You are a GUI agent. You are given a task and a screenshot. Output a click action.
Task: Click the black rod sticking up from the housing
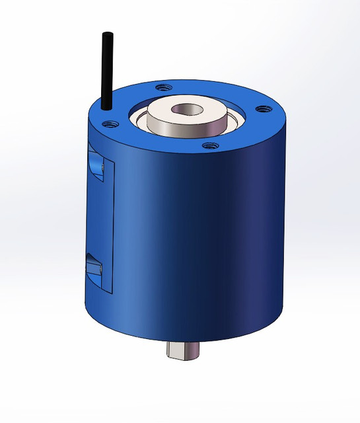pos(107,66)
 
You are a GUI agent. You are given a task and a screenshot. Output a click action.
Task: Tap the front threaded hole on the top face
pos(209,145)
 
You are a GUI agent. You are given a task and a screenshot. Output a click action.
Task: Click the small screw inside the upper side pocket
pos(100,170)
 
